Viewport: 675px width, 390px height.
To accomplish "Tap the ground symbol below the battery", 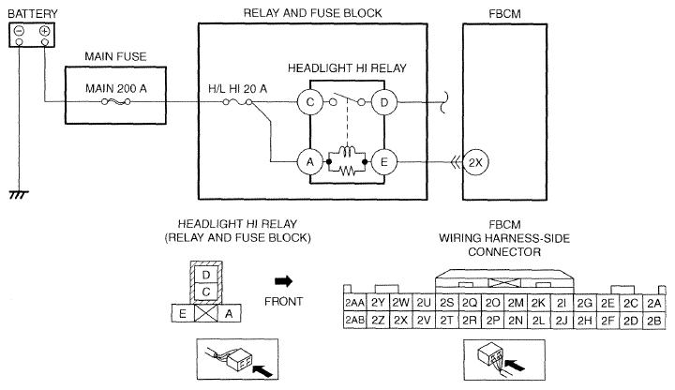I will pyautogui.click(x=18, y=192).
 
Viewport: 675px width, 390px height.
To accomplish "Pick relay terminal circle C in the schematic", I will pyautogui.click(x=309, y=103).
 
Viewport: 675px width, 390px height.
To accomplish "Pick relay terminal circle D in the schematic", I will pyautogui.click(x=385, y=103).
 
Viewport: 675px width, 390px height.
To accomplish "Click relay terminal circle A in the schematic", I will pyautogui.click(x=309, y=161).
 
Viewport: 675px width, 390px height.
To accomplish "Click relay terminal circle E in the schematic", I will pyautogui.click(x=385, y=161).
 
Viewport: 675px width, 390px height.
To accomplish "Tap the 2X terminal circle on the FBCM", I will pyautogui.click(x=477, y=161).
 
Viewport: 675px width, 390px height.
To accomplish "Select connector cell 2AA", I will pyautogui.click(x=354, y=302).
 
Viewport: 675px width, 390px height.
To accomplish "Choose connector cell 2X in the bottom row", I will pyautogui.click(x=400, y=321).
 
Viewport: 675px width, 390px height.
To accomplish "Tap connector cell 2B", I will pyautogui.click(x=653, y=321).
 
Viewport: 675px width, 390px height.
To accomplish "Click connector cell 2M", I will pyautogui.click(x=515, y=302).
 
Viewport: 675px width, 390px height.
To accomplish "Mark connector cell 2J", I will pyautogui.click(x=562, y=321).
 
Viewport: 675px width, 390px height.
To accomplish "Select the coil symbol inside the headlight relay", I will pyautogui.click(x=348, y=153).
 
